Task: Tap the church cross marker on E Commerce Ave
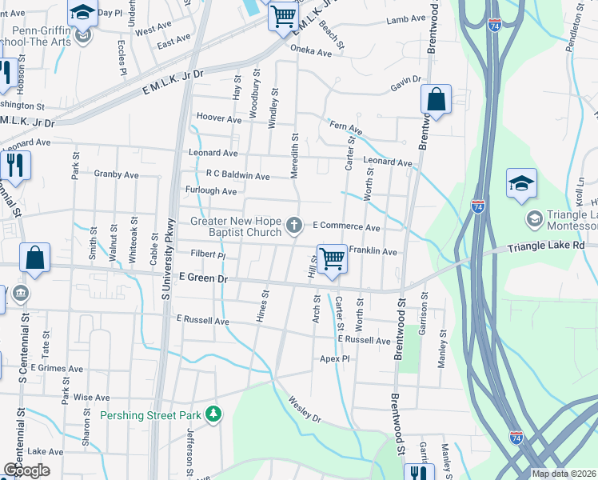[294, 226]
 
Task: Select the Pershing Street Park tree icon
[213, 414]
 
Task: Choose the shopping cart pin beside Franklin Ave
[332, 259]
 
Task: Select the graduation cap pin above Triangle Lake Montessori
[521, 184]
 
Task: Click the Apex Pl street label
[335, 359]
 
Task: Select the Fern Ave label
[345, 128]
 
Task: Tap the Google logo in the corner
[26, 470]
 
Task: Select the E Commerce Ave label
[346, 226]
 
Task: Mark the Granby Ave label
[116, 174]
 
